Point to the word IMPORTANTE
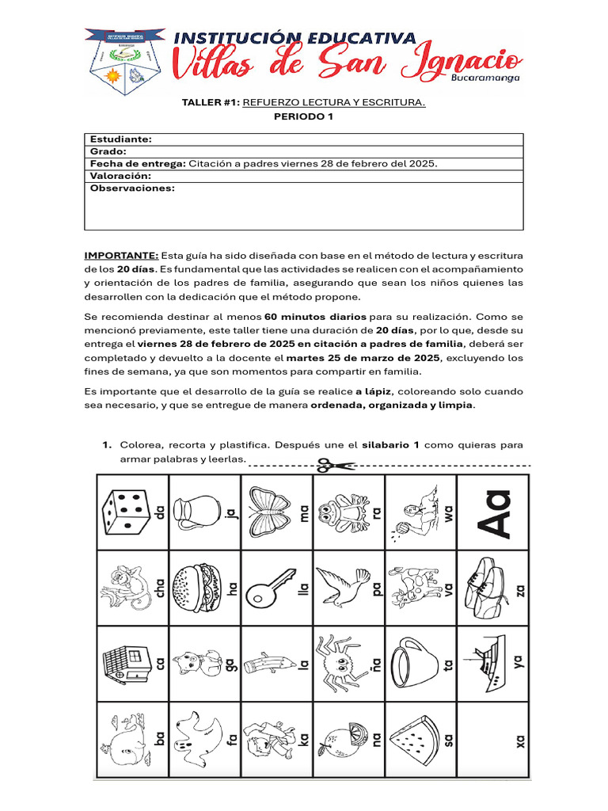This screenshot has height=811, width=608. pyautogui.click(x=121, y=256)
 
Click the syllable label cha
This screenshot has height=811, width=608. pyautogui.click(x=160, y=591)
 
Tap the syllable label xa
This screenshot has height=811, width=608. pyautogui.click(x=520, y=741)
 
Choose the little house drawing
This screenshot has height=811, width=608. pyautogui.click(x=123, y=661)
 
